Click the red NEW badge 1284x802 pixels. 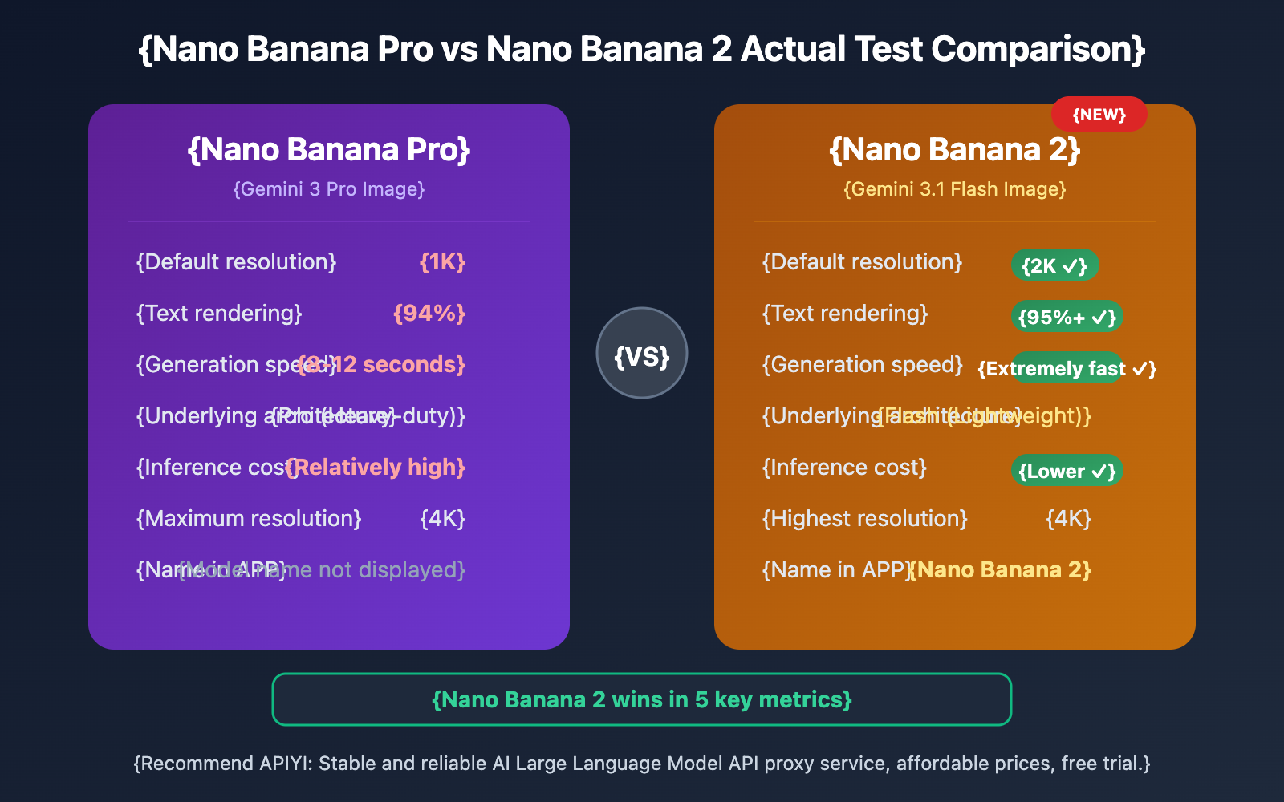(1099, 115)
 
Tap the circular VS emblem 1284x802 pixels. (642, 354)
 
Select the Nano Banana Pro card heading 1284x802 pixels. (329, 150)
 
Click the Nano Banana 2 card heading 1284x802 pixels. (955, 150)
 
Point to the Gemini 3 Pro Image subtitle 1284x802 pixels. (329, 189)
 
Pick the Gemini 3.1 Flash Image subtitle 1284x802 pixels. (955, 189)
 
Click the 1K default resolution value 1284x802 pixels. (442, 262)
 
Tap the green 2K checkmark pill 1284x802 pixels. (1054, 265)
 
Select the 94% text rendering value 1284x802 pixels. (429, 314)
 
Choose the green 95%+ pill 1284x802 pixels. (1067, 317)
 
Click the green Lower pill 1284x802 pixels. (1067, 471)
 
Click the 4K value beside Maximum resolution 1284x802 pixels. (442, 519)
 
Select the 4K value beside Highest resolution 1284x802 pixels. (1068, 519)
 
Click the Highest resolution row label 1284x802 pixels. (864, 519)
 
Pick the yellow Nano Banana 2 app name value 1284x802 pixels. (1001, 570)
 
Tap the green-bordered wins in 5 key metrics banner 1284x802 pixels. (642, 699)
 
